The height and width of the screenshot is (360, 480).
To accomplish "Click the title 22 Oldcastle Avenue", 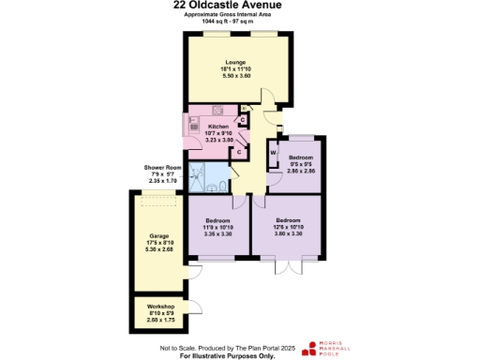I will tap(239, 5).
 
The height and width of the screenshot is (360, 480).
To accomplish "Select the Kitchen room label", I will tap(217, 127).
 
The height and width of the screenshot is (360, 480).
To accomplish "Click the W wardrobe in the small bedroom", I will tap(273, 152).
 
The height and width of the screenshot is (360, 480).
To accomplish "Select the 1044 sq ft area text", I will tap(240, 22).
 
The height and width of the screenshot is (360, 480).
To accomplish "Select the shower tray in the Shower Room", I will tap(199, 172).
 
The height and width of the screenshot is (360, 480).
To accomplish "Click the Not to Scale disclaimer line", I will tap(239, 347).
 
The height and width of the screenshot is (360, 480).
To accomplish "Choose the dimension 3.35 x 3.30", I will tap(217, 233).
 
